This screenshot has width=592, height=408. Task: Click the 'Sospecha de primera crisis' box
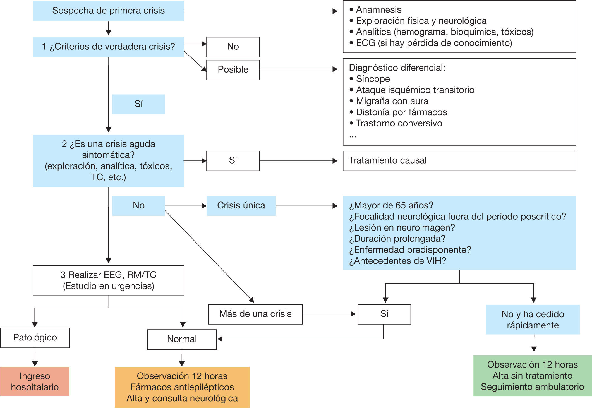click(x=108, y=11)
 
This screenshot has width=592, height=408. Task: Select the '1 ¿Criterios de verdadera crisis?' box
click(x=108, y=47)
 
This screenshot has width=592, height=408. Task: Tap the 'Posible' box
click(x=233, y=69)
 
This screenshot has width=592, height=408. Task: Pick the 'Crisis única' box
click(x=241, y=206)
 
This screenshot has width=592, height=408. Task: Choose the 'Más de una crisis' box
click(x=255, y=314)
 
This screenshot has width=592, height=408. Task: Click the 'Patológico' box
click(x=35, y=338)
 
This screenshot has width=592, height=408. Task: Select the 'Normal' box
click(x=182, y=339)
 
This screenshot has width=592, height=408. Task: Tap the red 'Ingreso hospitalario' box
click(x=35, y=381)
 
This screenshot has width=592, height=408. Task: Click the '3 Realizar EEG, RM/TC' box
click(x=108, y=280)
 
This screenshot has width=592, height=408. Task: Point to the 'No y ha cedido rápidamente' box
click(x=533, y=320)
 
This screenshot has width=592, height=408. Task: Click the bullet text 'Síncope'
click(x=373, y=79)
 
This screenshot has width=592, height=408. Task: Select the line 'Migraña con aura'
click(x=392, y=101)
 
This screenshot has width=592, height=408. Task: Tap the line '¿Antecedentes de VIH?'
click(x=397, y=261)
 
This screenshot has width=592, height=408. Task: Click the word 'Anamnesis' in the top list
click(x=378, y=10)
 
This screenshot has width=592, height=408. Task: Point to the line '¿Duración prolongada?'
click(x=397, y=239)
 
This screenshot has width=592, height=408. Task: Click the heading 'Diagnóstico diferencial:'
click(x=397, y=68)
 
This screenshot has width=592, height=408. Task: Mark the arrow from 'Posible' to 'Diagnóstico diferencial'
click(x=298, y=69)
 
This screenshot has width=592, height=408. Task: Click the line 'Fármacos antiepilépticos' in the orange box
click(x=182, y=387)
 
